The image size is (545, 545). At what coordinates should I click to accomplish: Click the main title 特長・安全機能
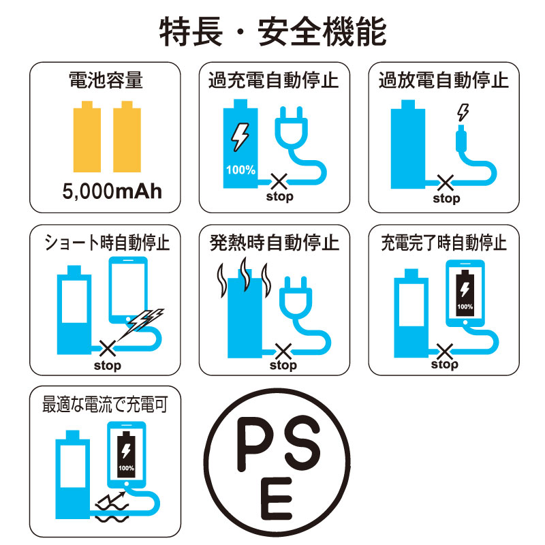coord(273,31)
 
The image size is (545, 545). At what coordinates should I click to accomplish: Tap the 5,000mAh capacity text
coord(112,191)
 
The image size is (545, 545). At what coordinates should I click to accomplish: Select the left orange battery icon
coord(87,137)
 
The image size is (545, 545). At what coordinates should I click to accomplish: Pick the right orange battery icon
coord(127,137)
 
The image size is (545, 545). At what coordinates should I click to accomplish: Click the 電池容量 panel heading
coord(106,80)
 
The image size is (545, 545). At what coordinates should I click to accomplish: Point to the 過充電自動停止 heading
coord(274,80)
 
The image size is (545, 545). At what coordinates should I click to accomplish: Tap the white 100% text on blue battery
coord(240,170)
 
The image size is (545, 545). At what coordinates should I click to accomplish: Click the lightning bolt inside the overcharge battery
coord(240,137)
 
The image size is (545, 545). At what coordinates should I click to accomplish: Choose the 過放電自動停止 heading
coord(443,80)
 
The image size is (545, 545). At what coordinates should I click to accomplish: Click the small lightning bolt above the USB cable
coord(463,112)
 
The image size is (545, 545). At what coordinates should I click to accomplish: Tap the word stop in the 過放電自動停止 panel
coord(446,198)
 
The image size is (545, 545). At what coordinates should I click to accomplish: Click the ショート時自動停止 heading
coord(106,243)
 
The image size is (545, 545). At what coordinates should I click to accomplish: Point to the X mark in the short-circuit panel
coord(108,348)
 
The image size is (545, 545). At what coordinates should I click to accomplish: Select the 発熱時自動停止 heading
coord(274,243)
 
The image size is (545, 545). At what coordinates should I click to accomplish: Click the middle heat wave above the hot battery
coord(245,275)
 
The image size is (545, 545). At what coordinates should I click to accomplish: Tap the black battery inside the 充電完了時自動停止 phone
coord(465,293)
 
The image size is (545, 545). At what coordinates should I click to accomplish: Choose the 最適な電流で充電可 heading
coord(105,404)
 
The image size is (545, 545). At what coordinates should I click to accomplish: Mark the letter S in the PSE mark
coord(301,441)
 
